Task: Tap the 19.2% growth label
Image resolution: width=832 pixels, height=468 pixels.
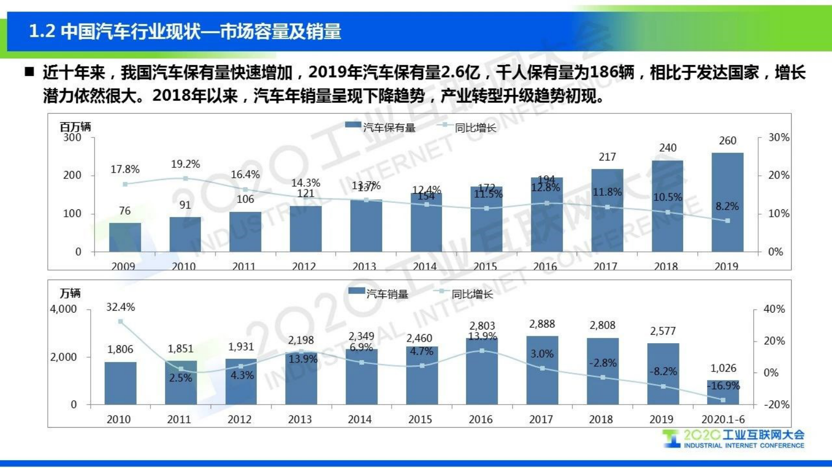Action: point(185,164)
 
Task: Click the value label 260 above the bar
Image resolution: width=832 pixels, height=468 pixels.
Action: point(727,141)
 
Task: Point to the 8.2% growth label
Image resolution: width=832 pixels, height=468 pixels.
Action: point(727,207)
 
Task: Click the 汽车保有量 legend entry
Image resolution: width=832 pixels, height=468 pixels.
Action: point(381,127)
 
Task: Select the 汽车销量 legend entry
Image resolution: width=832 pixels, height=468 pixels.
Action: point(379,294)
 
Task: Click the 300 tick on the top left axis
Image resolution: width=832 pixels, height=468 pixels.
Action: point(72,137)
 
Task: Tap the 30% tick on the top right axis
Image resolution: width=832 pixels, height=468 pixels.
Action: point(778,137)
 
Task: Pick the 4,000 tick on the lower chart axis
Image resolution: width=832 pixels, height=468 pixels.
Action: point(63,309)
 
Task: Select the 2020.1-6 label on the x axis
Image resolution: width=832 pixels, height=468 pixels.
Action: point(723,419)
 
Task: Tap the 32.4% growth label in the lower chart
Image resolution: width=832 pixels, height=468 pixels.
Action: point(121,307)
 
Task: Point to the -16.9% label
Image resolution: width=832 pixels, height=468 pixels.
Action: point(723,386)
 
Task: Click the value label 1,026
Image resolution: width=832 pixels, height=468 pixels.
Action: point(723,368)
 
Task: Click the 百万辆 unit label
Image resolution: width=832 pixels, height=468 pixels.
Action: point(75,127)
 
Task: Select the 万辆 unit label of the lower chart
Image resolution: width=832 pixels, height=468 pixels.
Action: point(70,293)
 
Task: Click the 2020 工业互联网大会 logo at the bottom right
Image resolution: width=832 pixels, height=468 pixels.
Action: point(734,439)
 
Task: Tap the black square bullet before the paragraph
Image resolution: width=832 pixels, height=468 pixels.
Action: point(29,71)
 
